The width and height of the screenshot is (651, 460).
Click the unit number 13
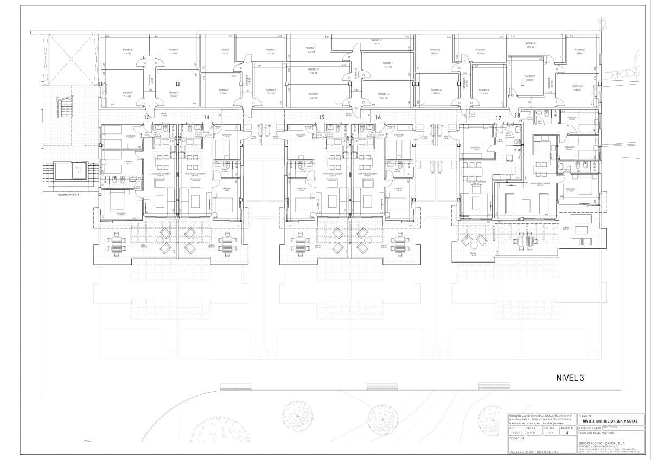coord(146,117)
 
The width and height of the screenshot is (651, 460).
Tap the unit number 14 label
coord(206,117)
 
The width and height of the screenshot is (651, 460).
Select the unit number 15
coord(322,117)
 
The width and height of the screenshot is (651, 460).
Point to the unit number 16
coord(378,117)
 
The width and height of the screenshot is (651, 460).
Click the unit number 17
coord(498,118)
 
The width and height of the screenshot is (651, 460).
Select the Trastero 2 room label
coord(127,52)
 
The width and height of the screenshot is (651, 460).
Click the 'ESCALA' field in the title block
coord(534,427)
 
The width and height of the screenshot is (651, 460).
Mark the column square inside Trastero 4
coord(177,84)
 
